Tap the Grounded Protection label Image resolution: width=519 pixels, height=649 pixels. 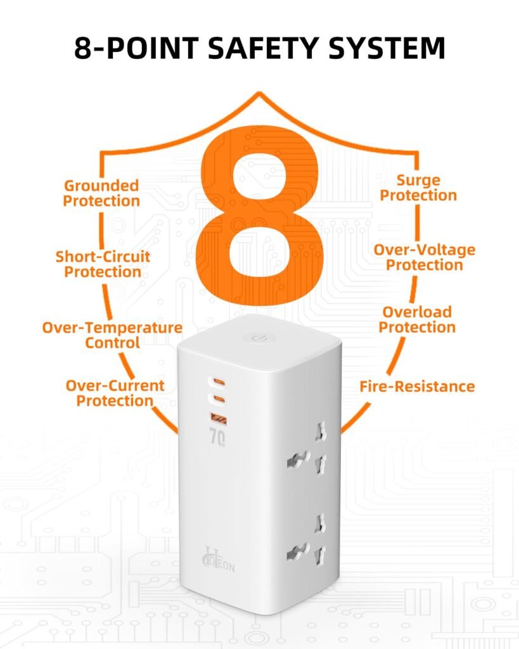tap(101, 193)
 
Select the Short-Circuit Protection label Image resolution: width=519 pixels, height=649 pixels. tap(103, 264)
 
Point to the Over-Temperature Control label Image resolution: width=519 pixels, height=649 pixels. tap(112, 335)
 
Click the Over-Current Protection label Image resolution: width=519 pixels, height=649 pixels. tap(115, 393)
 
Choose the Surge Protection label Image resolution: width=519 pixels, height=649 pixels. tap(418, 188)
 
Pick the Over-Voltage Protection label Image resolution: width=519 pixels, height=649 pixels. tap(424, 257)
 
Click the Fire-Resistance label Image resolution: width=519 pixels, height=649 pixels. tap(417, 386)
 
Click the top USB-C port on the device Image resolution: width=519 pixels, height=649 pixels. tap(217, 382)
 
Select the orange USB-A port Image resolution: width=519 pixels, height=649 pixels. tap(217, 417)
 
